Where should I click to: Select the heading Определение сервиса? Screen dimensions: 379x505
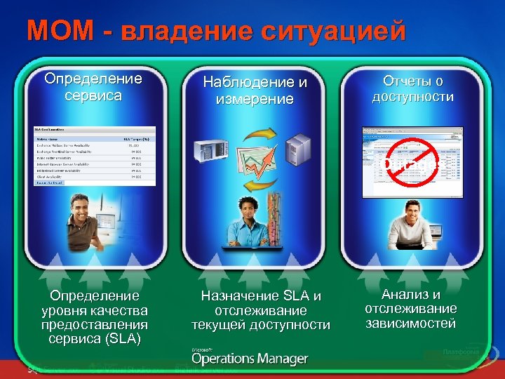93,87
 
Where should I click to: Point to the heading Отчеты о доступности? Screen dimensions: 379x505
413,88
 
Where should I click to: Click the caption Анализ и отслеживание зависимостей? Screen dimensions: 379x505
411,309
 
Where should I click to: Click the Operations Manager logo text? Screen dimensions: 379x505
250,359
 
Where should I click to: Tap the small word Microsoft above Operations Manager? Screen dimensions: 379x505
203,348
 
